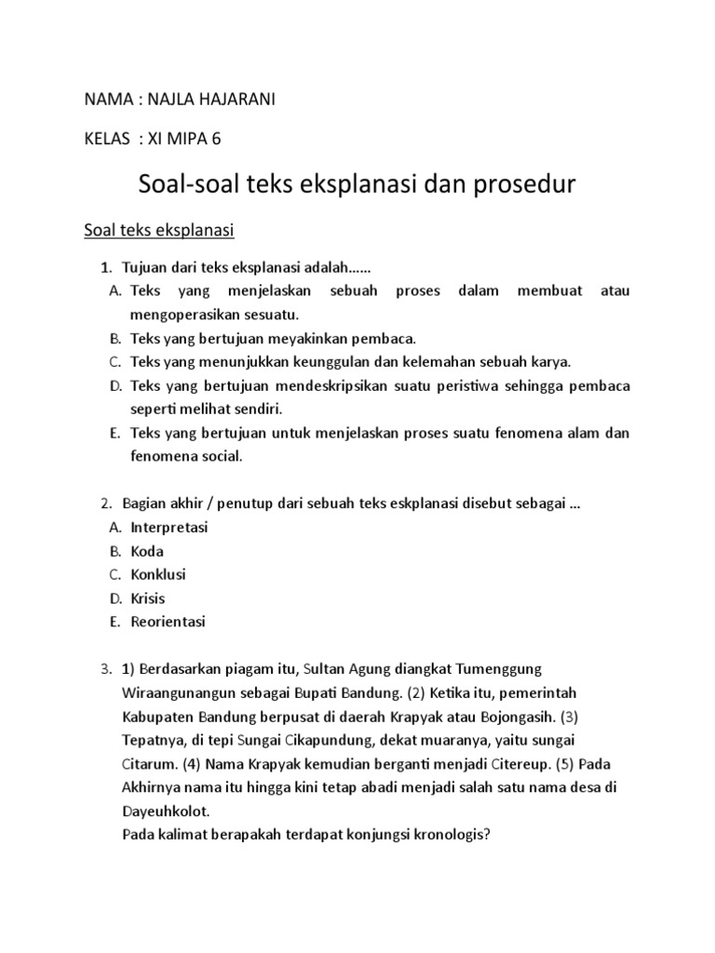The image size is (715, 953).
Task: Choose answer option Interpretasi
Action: [x=169, y=527]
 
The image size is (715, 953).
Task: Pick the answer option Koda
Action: [x=147, y=551]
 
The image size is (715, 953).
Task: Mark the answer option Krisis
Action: [x=148, y=598]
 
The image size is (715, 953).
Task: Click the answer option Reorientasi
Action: [x=169, y=622]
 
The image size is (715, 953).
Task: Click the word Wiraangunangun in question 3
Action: [x=176, y=693]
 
